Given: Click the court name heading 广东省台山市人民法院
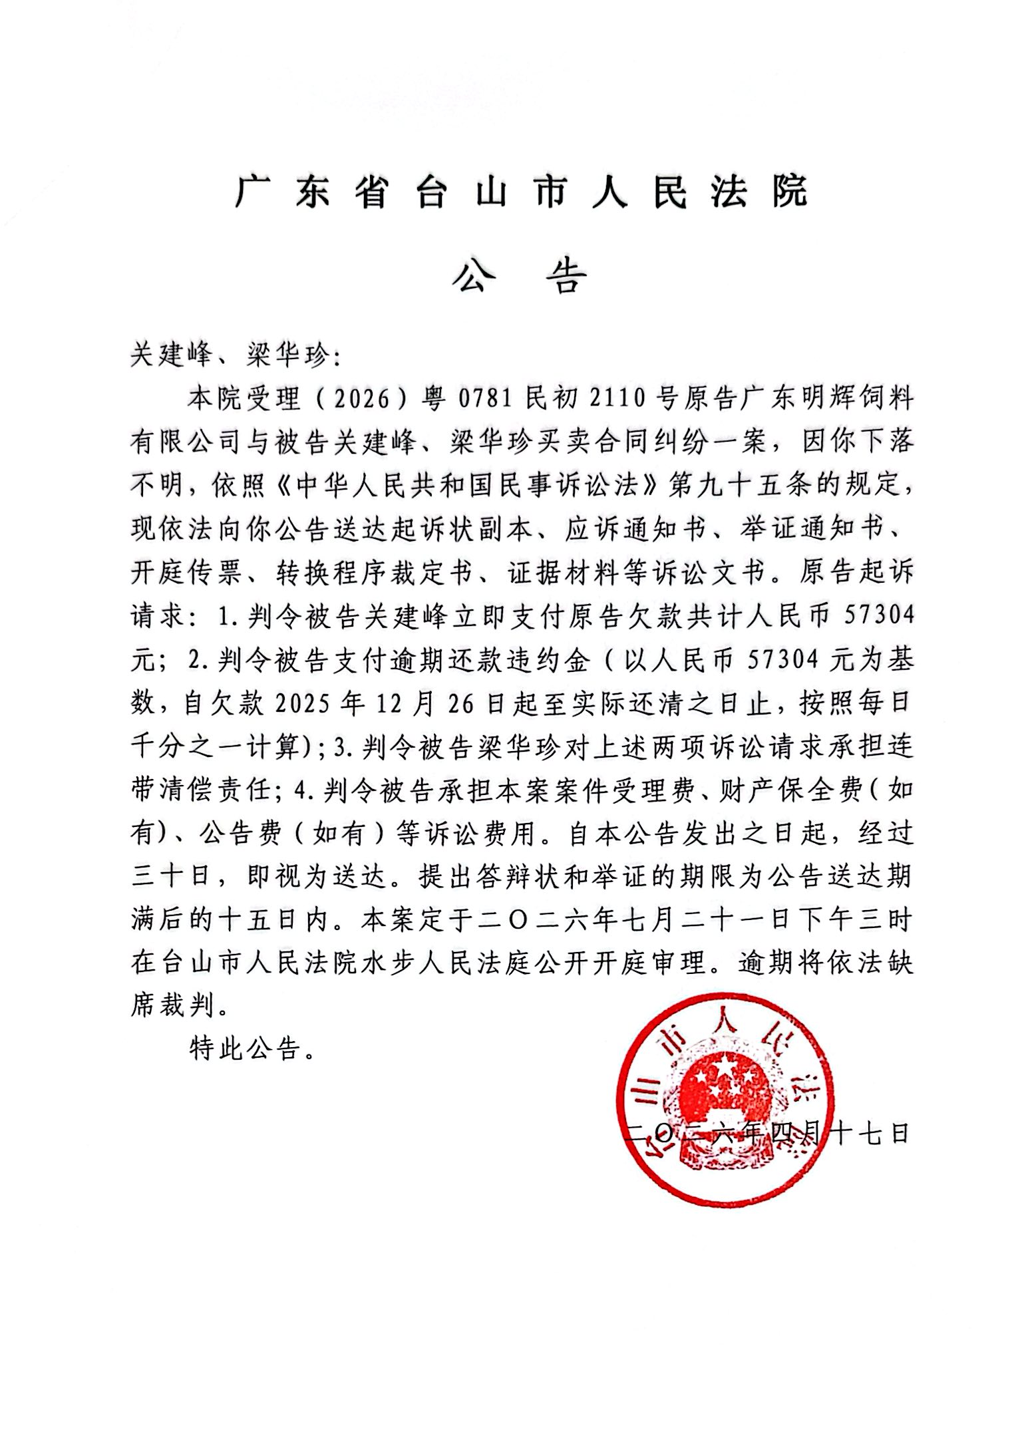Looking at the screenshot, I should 520,192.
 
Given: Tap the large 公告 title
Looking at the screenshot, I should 520,276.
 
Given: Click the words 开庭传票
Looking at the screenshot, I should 186,573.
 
